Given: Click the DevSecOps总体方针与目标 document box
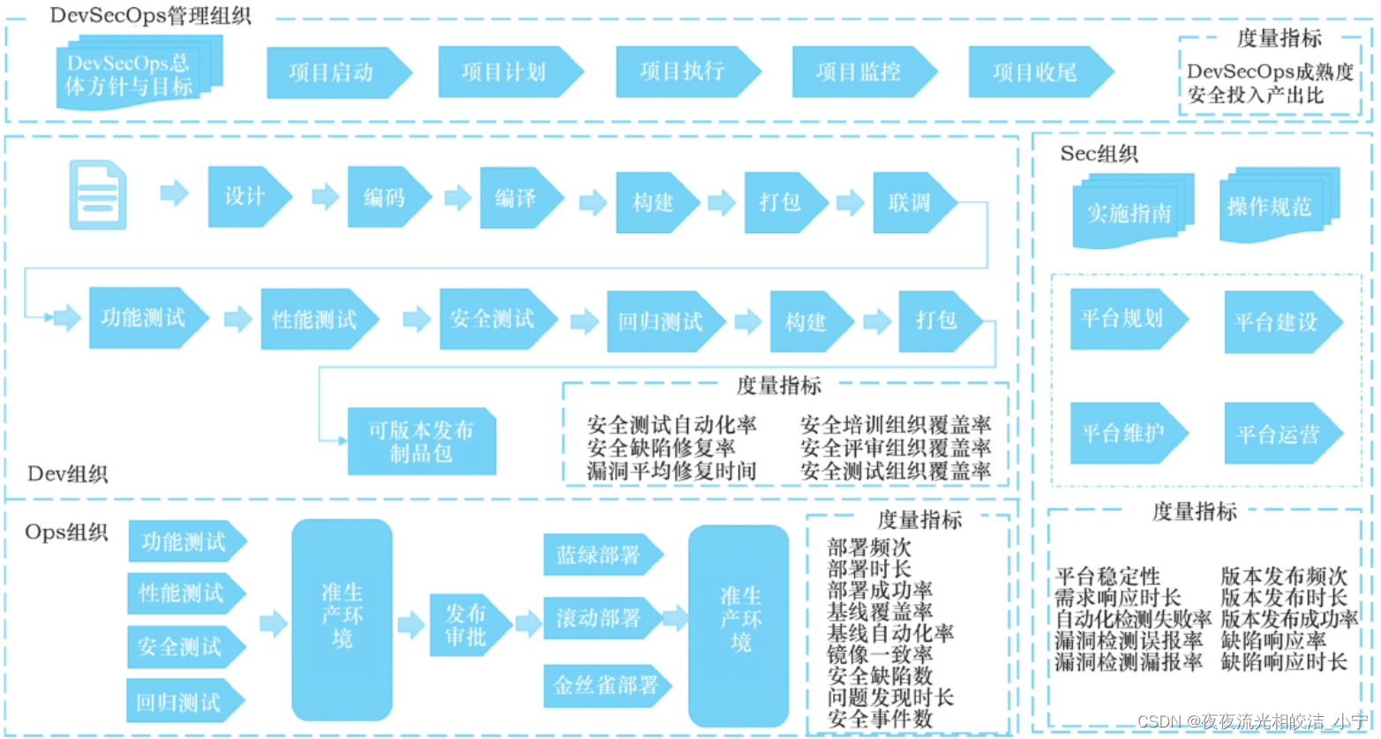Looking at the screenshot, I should tap(131, 75).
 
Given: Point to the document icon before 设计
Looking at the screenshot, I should tap(97, 194).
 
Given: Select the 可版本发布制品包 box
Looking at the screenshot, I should tap(421, 441).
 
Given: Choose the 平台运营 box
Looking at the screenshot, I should tap(1280, 434).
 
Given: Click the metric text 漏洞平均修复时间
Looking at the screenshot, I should tap(672, 471).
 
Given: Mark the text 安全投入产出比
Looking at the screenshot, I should tap(1255, 95).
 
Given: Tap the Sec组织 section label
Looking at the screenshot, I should tap(1099, 154).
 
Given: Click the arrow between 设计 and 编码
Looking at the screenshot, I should tap(326, 196).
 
